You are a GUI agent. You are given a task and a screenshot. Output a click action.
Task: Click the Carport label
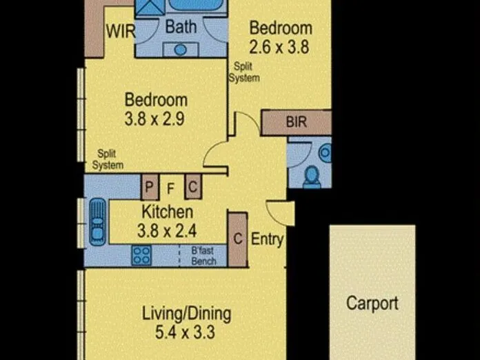(x=372, y=303)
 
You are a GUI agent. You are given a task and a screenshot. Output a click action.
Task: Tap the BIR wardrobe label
(x=297, y=122)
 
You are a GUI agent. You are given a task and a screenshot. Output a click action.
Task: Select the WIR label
(x=121, y=31)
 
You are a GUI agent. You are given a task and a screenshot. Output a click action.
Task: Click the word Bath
(x=181, y=27)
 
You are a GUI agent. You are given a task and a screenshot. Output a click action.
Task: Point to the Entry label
(x=268, y=239)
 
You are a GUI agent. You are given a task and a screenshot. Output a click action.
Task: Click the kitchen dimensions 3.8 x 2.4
(x=167, y=231)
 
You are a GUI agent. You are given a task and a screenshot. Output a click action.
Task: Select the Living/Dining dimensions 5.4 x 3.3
(x=185, y=332)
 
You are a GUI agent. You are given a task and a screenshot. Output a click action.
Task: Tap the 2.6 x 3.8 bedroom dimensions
(x=279, y=47)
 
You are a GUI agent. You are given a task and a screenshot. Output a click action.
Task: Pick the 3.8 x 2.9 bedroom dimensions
(x=154, y=119)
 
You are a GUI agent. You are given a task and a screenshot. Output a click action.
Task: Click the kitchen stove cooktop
(x=141, y=255)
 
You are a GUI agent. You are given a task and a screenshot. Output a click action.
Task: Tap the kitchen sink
(x=98, y=222)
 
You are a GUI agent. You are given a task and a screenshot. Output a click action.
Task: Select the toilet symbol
(x=312, y=177)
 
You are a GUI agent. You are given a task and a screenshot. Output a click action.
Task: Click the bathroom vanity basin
(x=180, y=50)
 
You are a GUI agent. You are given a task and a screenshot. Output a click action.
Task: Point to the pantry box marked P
(x=150, y=186)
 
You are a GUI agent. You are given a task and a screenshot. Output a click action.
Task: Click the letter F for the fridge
(x=170, y=188)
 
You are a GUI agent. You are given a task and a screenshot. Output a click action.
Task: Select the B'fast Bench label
(x=203, y=256)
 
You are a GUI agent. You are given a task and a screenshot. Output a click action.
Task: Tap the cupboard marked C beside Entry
(x=237, y=239)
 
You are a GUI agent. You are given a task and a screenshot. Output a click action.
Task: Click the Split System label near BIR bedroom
(x=244, y=72)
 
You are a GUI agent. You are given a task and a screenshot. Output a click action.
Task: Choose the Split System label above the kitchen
(x=108, y=159)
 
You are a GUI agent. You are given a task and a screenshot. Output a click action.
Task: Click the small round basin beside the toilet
(x=325, y=152)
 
